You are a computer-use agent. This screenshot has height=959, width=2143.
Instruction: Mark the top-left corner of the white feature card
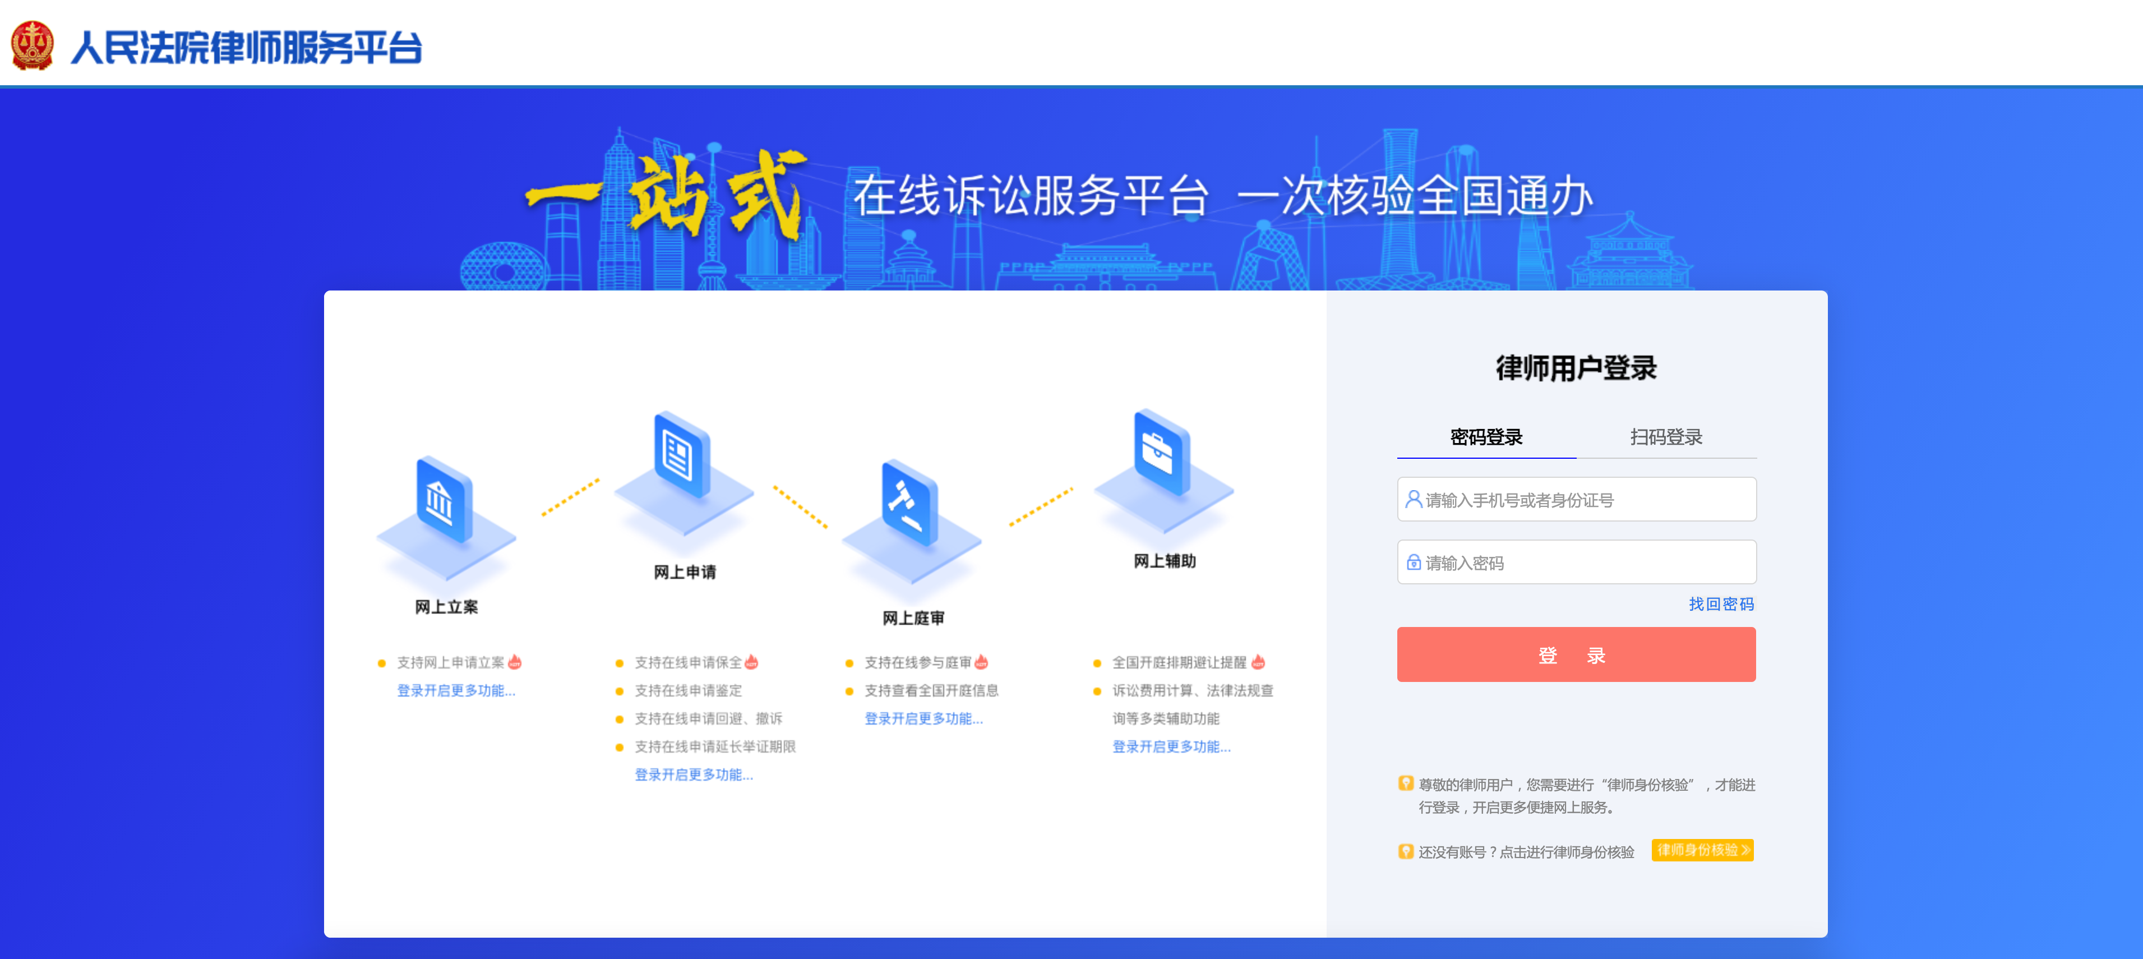pyautogui.click(x=325, y=291)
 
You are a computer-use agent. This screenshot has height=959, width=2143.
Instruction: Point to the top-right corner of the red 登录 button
pyautogui.click(x=1756, y=628)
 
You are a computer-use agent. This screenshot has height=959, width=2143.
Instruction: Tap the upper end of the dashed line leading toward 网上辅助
pyautogui.click(x=1072, y=488)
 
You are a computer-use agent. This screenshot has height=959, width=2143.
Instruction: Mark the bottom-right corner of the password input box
pyautogui.click(x=1756, y=583)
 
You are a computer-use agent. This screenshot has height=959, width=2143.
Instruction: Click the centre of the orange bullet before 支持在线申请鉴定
pyautogui.click(x=620, y=691)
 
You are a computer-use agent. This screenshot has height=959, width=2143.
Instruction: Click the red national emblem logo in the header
pyautogui.click(x=33, y=46)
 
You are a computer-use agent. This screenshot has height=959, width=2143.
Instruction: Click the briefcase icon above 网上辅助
pyautogui.click(x=1161, y=453)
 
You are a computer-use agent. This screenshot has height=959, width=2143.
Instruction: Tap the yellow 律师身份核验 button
pyautogui.click(x=1702, y=850)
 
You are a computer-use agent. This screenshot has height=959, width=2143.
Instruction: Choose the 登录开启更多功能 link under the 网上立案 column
pyautogui.click(x=456, y=691)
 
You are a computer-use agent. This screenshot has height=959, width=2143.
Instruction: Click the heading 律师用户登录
pyautogui.click(x=1577, y=368)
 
